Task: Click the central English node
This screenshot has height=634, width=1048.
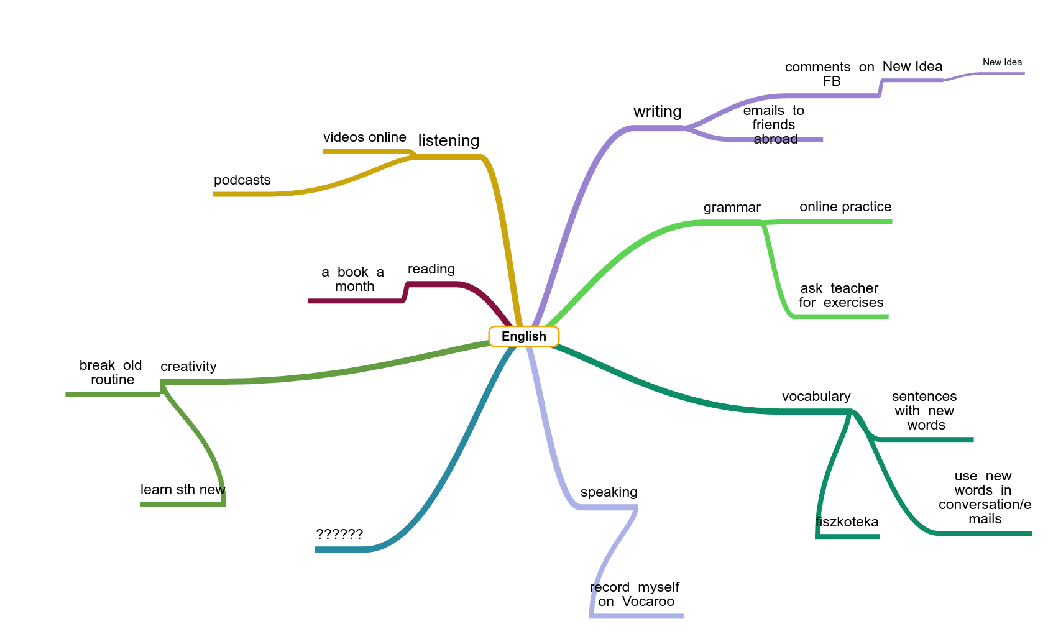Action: click(523, 336)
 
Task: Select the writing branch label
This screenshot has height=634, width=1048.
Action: click(657, 112)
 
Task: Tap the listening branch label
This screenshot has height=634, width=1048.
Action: click(448, 141)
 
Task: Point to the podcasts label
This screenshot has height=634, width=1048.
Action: click(242, 180)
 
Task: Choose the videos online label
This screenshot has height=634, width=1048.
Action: click(364, 137)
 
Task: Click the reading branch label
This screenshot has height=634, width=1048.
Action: click(431, 269)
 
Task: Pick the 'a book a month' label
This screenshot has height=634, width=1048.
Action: click(353, 279)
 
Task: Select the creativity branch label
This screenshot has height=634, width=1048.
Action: click(188, 367)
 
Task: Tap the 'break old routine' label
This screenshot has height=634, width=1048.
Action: click(111, 372)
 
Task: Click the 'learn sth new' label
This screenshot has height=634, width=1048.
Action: click(183, 490)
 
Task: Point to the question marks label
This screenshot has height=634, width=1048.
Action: click(339, 534)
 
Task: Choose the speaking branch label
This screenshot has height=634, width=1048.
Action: click(609, 492)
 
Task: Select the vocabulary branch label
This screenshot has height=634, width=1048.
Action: click(816, 397)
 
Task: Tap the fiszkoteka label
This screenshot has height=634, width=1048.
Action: click(847, 522)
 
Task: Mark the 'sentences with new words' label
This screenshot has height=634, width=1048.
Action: click(924, 411)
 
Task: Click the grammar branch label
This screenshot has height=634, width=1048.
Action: click(732, 208)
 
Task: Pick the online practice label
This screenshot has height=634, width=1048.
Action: click(845, 207)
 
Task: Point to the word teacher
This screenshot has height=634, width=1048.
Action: click(854, 288)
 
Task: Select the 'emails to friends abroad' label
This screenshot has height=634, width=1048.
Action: click(774, 125)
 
